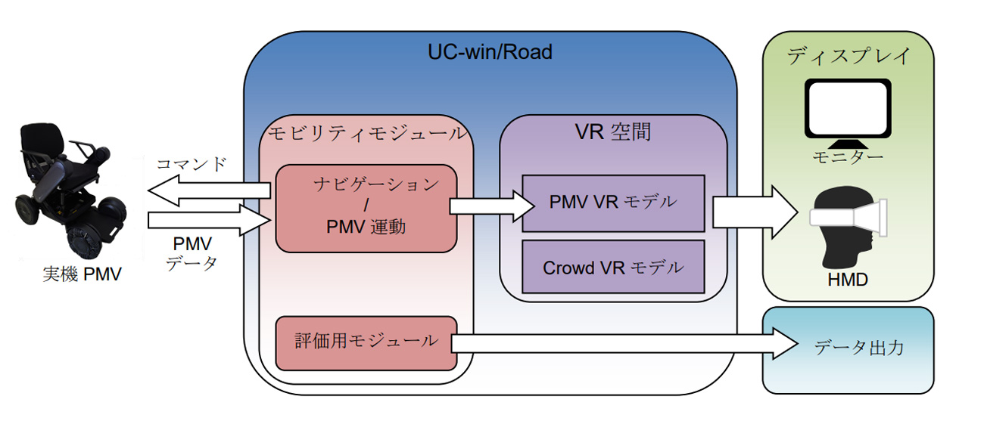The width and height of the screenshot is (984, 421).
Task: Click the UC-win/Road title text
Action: (x=490, y=52)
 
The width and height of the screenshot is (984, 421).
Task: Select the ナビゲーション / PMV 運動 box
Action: (x=366, y=207)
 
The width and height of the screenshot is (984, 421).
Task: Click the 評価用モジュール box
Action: (x=366, y=342)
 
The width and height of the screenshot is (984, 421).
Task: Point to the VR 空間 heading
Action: (x=613, y=133)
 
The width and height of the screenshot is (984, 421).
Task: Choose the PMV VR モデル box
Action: (x=613, y=202)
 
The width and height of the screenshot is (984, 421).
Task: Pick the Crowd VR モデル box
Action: (x=613, y=267)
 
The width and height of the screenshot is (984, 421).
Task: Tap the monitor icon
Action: (x=847, y=110)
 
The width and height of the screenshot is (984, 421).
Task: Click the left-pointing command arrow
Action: (x=208, y=190)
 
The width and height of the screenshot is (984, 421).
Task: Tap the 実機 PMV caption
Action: (x=82, y=274)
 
